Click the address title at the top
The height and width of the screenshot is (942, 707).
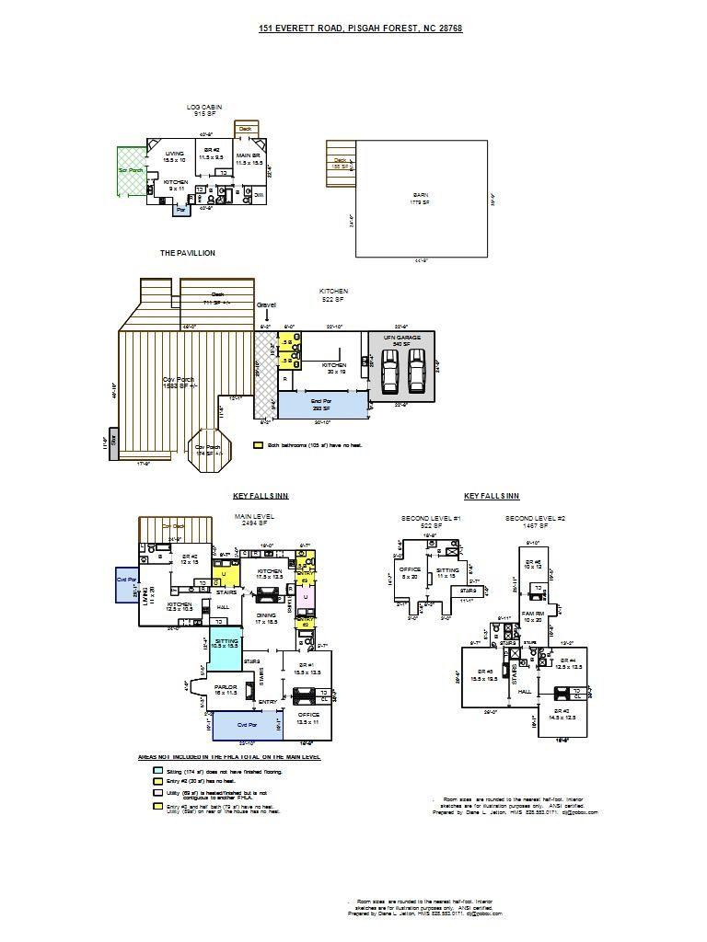point(360,29)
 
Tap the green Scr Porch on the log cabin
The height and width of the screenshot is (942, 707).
point(131,170)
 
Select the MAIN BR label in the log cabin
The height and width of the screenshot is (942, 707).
point(249,158)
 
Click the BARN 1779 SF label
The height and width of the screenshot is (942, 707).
point(420,198)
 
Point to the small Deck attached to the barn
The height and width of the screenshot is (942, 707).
point(341,163)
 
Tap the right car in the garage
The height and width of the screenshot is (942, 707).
point(417,370)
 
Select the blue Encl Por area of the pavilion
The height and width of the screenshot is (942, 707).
point(321,404)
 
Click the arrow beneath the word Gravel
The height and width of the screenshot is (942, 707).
point(267,316)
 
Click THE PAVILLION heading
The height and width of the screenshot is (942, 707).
point(187,253)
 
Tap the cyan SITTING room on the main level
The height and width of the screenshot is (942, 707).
point(226,644)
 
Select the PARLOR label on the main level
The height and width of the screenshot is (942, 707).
point(226,689)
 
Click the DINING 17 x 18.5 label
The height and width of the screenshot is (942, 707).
point(266,618)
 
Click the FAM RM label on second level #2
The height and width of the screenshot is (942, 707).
point(533,615)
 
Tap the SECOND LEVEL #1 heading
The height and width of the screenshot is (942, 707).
point(431,519)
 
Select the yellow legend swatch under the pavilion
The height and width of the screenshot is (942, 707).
point(258,444)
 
